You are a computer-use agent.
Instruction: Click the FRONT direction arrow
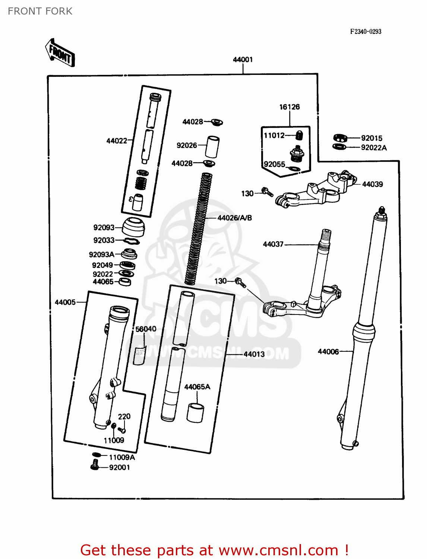click(60, 53)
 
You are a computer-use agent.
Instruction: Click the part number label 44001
click(243, 60)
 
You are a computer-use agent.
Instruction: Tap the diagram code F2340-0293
click(366, 32)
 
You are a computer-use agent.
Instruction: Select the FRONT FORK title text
click(40, 11)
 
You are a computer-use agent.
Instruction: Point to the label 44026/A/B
click(234, 218)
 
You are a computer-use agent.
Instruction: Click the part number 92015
click(371, 138)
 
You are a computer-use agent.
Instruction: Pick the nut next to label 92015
click(340, 138)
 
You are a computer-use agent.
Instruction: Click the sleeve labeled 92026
click(212, 147)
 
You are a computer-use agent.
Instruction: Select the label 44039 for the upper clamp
click(372, 184)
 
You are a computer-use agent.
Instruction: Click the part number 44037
click(273, 244)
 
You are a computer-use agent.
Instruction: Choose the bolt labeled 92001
click(95, 465)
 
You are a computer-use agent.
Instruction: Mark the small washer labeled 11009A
click(96, 455)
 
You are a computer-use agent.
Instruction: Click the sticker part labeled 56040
click(139, 356)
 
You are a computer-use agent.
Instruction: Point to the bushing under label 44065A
click(195, 413)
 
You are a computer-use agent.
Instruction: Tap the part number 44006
click(328, 351)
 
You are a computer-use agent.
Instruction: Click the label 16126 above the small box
click(290, 107)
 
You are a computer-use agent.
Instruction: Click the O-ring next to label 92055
click(294, 169)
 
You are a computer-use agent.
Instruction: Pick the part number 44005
click(65, 302)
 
